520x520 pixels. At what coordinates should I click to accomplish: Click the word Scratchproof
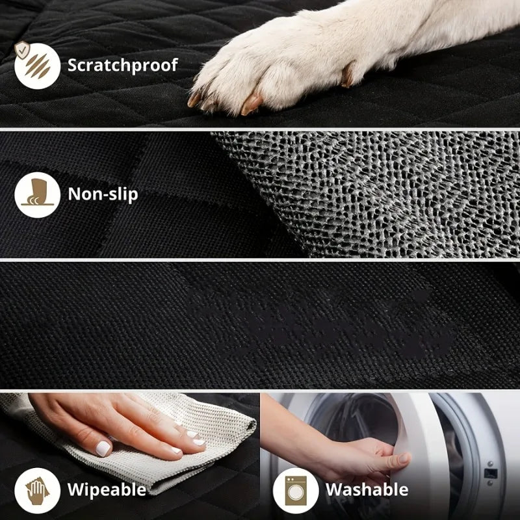click(122, 64)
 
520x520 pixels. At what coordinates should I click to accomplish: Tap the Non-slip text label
click(103, 193)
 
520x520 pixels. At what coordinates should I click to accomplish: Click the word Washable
click(367, 489)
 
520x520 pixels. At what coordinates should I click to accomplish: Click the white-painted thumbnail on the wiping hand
click(103, 448)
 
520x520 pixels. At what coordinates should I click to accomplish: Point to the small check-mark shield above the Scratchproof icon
click(23, 47)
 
